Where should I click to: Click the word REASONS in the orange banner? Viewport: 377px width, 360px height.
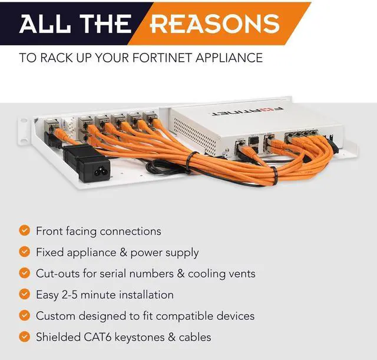click(214, 24)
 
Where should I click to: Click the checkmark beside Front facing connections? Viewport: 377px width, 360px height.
click(24, 230)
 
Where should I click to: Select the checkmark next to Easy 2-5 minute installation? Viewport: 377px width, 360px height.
click(24, 294)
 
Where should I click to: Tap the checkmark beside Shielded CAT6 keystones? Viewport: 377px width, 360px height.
click(24, 336)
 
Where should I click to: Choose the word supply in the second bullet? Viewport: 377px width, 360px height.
click(182, 252)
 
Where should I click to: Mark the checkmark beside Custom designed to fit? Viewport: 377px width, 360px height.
click(24, 315)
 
